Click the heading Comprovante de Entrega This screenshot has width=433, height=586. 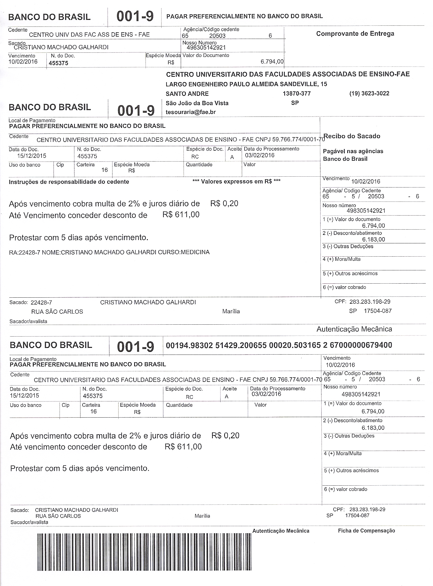pos(355,34)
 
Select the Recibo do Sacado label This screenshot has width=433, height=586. pos(352,136)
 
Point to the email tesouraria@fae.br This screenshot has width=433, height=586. pos(191,112)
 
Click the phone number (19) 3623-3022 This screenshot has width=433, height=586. pos(369,93)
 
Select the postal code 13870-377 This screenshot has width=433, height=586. pos(297,93)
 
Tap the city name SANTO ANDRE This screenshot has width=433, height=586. pos(187,94)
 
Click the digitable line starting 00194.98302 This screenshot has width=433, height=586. pos(279,345)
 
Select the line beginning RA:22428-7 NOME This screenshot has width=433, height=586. pos(109,252)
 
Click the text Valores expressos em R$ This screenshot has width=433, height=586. pos(236,181)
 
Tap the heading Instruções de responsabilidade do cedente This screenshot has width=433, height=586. pos(69,182)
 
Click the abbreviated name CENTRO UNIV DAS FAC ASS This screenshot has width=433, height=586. pos(89,35)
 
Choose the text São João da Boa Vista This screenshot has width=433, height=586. pos(197,103)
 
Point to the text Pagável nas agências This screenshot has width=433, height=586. pos(353,151)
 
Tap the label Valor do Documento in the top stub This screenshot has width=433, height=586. pos(206,55)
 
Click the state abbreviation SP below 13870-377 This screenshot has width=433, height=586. pos(295,103)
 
